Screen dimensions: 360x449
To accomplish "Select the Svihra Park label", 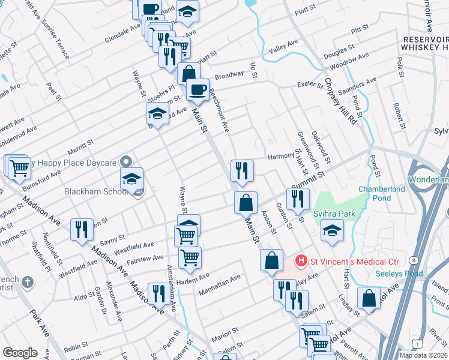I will [334, 214].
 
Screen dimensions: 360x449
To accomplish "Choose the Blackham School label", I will [94, 193].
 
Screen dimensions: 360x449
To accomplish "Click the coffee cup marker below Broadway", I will [197, 90].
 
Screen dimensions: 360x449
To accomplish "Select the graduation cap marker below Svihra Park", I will [332, 230].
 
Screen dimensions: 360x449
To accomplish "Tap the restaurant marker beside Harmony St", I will [242, 170].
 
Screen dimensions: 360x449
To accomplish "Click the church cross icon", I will [27, 282].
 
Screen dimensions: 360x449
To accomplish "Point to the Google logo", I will [20, 353].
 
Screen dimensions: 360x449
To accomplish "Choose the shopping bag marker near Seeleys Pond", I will [369, 298].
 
